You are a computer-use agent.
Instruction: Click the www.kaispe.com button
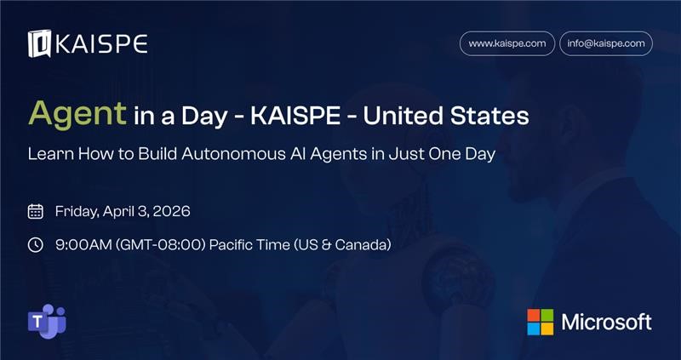click(x=506, y=43)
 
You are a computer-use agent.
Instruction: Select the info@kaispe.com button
click(x=606, y=43)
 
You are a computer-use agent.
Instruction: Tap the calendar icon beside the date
click(x=36, y=211)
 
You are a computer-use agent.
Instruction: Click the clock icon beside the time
click(x=36, y=245)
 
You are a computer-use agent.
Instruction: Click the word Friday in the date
click(x=79, y=211)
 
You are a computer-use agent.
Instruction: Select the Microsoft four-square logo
click(x=540, y=322)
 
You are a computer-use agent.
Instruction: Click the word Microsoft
click(x=606, y=322)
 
